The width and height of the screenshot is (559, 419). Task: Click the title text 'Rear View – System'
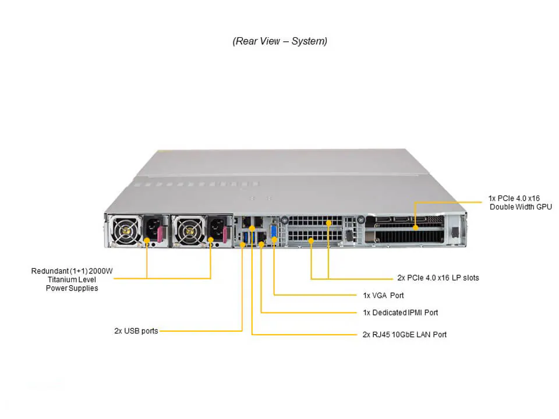[279, 41]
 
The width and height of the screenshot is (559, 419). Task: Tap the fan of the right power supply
[187, 230]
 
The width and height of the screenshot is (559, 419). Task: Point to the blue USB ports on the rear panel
[245, 239]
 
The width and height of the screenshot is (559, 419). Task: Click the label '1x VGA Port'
[383, 295]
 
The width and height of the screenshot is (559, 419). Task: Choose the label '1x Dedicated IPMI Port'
[400, 313]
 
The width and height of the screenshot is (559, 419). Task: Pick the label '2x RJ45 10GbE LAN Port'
[404, 335]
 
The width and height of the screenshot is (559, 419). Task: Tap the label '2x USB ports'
[136, 331]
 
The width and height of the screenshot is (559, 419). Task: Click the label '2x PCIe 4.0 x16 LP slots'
[438, 278]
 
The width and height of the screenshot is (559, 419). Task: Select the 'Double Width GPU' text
[521, 207]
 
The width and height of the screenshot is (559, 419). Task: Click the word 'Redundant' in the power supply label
[49, 271]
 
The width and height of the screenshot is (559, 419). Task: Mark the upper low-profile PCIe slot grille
[314, 222]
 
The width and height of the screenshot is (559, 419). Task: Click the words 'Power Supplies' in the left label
[72, 288]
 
